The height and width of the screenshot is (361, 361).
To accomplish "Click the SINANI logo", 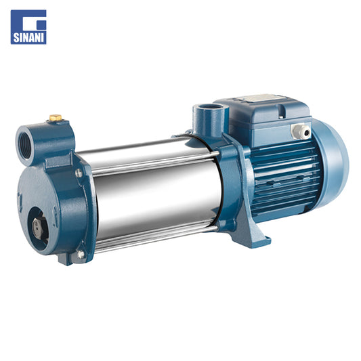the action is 28,27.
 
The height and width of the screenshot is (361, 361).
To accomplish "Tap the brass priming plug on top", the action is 56,118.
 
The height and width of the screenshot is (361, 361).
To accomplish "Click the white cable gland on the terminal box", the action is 301,131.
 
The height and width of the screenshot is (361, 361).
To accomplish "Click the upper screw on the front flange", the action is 79,173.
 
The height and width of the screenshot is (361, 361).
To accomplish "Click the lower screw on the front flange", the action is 81,254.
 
